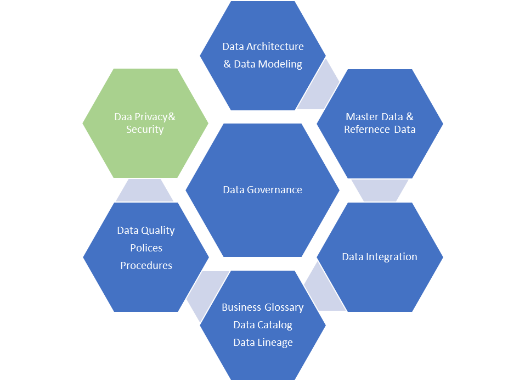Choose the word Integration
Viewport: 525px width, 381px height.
click(391, 257)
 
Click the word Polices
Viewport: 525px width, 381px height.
click(146, 248)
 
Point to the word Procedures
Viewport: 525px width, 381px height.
click(146, 266)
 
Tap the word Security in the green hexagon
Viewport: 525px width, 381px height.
click(145, 130)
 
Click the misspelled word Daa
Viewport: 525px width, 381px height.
click(123, 117)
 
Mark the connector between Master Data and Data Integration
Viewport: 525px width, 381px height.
click(380, 190)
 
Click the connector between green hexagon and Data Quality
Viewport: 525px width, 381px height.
click(145, 190)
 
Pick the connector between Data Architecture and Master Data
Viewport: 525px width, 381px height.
click(321, 88)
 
